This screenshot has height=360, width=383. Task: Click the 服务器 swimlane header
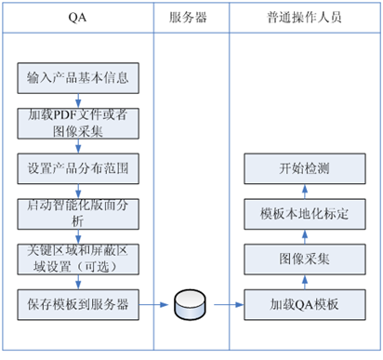pos(187,18)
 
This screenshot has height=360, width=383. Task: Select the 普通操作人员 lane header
pos(303,18)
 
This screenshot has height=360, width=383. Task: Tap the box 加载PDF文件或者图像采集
pos(78,122)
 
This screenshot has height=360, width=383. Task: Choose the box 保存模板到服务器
pos(78,303)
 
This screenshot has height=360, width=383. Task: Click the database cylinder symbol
pos(188,303)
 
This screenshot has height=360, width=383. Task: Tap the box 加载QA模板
pos(303,303)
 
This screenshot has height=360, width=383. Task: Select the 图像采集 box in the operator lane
pos(303,258)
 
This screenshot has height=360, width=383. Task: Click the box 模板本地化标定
pos(303,213)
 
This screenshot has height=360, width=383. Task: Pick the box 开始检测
pos(303,169)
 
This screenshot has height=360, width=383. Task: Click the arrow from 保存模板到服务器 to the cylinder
pos(156,303)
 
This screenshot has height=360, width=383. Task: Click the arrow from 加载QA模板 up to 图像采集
pos(303,281)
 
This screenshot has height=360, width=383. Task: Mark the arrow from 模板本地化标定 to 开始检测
pos(303,191)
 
